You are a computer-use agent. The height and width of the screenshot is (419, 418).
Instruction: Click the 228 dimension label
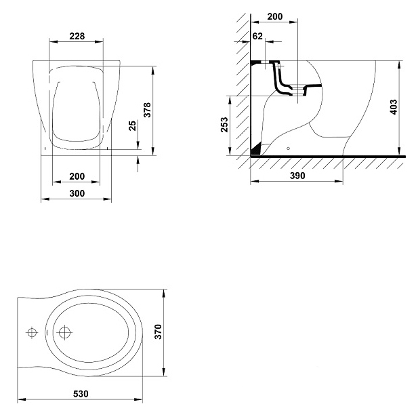tap(77, 36)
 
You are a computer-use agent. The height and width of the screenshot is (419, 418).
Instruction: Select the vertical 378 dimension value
tap(147, 110)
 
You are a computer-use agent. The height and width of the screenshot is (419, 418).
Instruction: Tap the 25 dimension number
tap(132, 125)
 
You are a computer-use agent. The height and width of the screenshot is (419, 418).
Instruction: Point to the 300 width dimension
tap(77, 193)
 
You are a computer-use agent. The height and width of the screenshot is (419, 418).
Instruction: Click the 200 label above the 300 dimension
tap(77, 176)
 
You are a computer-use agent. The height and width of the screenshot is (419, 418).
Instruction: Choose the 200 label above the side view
tap(275, 16)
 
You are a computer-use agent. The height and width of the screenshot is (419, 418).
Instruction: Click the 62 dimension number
tap(257, 36)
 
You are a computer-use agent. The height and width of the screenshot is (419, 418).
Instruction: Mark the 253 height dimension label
tap(224, 125)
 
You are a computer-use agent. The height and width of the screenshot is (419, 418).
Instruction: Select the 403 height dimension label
tap(394, 107)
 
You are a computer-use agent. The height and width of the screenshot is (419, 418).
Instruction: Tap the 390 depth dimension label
tap(297, 176)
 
